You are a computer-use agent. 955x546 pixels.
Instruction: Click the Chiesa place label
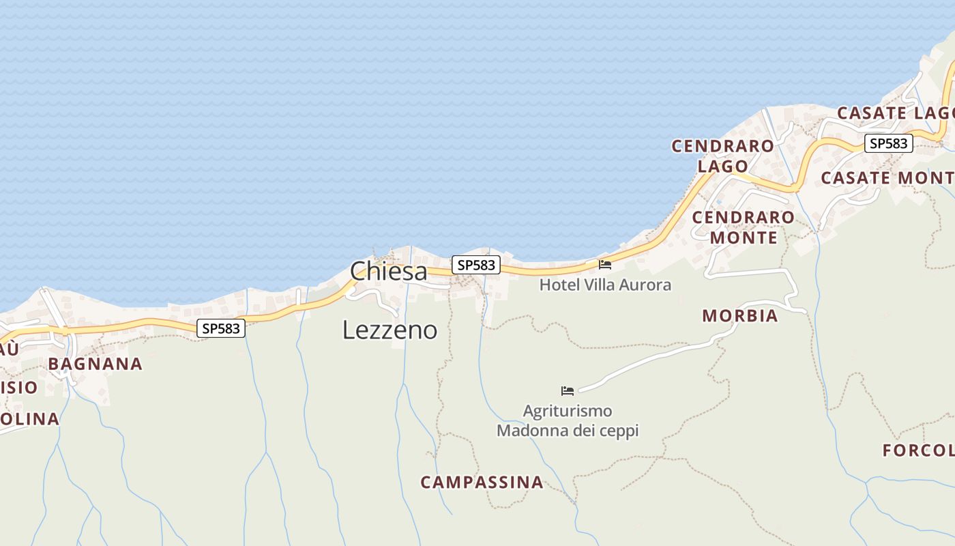pos(389,271)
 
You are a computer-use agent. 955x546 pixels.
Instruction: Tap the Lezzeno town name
pos(390,330)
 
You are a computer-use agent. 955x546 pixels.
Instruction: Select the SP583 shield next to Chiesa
pos(476,265)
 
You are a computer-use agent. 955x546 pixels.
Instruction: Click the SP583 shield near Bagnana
pos(222,328)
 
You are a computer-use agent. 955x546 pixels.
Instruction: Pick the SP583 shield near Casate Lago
pos(889,143)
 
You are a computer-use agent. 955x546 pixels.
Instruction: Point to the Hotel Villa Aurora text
pos(605,285)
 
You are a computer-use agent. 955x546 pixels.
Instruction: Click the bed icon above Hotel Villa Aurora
pos(605,265)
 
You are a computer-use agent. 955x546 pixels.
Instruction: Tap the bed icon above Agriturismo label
pos(568,391)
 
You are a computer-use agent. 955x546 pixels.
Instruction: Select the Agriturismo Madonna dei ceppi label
pos(568,421)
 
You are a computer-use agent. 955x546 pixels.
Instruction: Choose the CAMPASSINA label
pos(482,483)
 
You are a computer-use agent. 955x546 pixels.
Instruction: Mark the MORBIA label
pos(739,316)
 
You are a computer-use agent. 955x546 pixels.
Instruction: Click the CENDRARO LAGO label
pos(723,156)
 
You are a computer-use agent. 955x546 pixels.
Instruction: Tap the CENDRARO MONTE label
pos(744,227)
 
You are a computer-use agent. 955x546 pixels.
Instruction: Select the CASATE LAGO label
pos(894,113)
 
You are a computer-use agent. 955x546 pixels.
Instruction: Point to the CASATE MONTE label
pos(887,178)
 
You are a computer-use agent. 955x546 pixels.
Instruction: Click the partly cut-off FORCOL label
pos(918,450)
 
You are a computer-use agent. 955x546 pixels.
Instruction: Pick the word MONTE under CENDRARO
pos(744,238)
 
